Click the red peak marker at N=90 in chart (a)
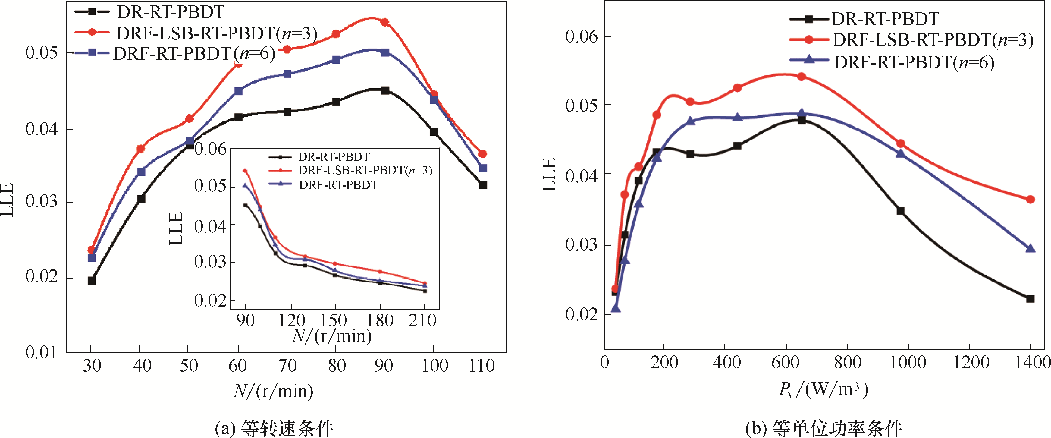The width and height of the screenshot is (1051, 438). [x=385, y=22]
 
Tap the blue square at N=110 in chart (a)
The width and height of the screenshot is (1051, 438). [x=483, y=168]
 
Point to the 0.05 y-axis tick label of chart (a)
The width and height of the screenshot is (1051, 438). [x=41, y=53]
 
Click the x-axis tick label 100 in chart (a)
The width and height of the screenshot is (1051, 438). [x=435, y=365]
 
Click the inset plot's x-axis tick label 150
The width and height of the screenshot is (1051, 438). [x=333, y=320]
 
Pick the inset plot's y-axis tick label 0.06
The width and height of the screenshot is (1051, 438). [x=210, y=150]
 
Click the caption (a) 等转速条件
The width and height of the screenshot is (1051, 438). [x=274, y=428]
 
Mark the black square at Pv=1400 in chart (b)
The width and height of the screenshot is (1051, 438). [x=1030, y=299]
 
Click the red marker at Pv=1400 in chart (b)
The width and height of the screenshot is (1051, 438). [x=1030, y=199]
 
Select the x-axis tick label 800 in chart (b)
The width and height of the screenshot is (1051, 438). [x=847, y=362]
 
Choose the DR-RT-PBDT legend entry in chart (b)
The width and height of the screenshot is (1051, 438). [x=885, y=19]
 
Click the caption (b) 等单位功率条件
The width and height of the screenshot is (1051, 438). [x=823, y=428]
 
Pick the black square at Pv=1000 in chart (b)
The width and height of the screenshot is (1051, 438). [x=900, y=211]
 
